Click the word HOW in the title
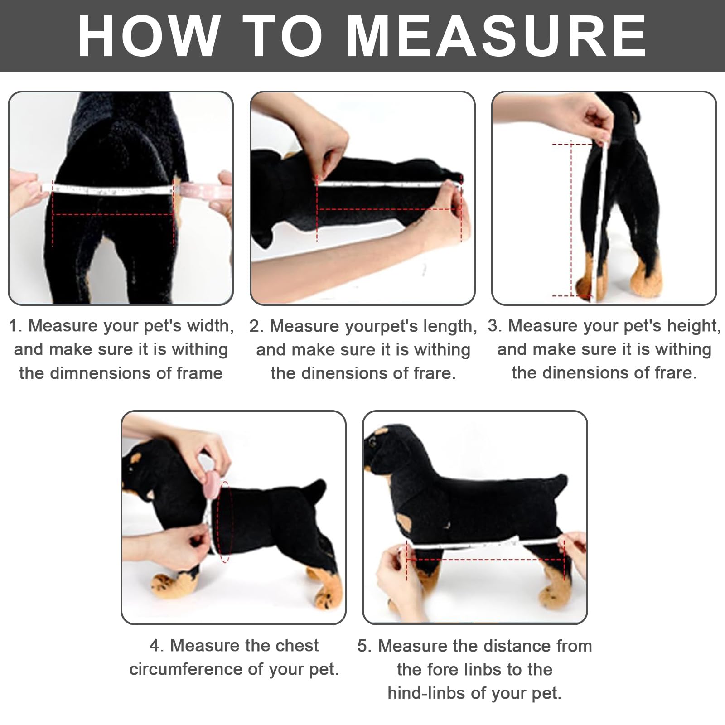tap(148, 36)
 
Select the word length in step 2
tap(450, 326)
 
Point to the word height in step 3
tap(694, 326)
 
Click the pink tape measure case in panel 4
tap(210, 482)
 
